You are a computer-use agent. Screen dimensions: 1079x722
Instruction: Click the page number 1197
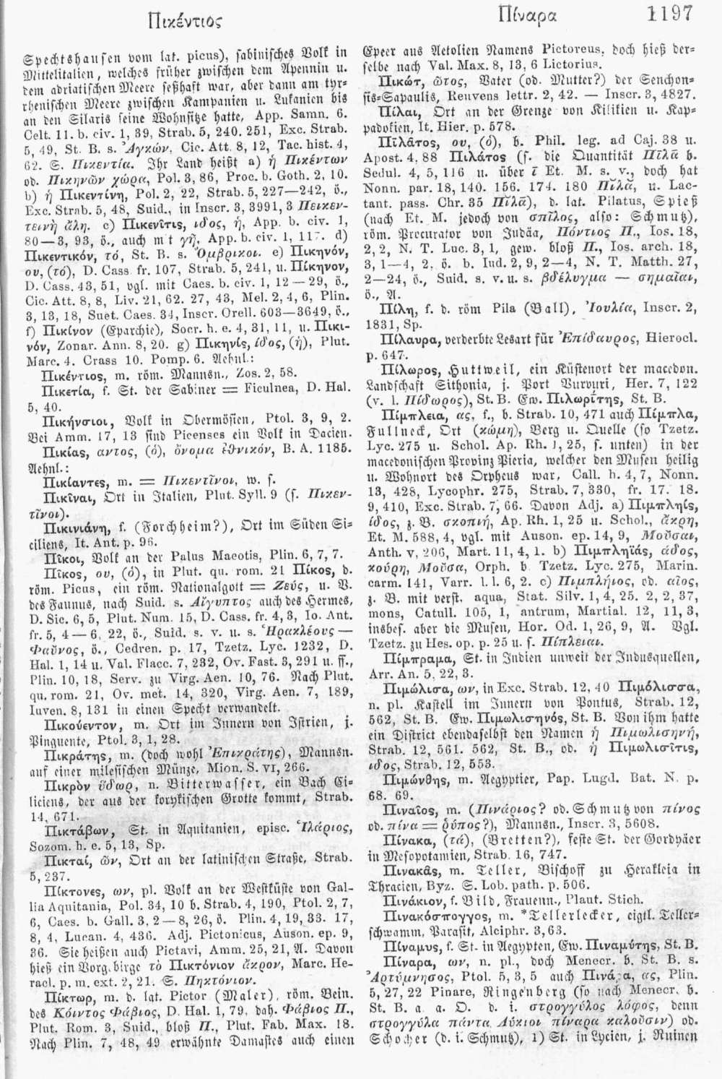pos(671,14)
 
